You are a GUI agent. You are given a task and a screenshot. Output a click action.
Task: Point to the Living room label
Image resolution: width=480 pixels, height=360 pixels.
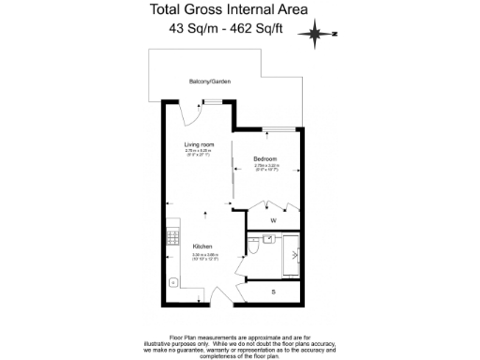199,143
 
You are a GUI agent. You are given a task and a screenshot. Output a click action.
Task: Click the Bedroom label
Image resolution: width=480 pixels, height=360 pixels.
264,158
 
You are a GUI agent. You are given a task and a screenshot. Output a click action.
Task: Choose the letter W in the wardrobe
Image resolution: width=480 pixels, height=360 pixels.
273,220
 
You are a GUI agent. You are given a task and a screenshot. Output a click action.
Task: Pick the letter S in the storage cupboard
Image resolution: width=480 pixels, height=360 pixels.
273,292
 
